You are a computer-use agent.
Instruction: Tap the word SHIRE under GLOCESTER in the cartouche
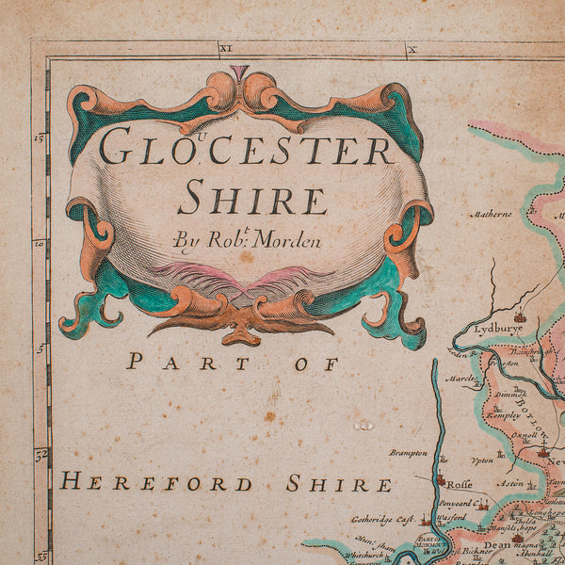coord(252,200)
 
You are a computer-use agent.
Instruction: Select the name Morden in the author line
coord(286,240)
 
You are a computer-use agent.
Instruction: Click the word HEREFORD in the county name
coord(156,484)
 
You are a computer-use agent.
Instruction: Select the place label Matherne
coord(492,214)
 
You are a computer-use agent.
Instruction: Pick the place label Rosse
coord(459,485)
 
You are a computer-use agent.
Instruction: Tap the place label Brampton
coord(408,453)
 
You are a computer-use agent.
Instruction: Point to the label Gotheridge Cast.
coord(384,519)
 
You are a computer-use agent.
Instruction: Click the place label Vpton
coord(482,462)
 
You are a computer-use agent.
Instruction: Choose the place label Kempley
coord(502,413)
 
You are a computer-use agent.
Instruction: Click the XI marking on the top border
coord(225,46)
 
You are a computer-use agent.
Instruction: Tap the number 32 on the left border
coord(40,453)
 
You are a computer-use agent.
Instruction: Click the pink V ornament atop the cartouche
coord(240,73)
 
